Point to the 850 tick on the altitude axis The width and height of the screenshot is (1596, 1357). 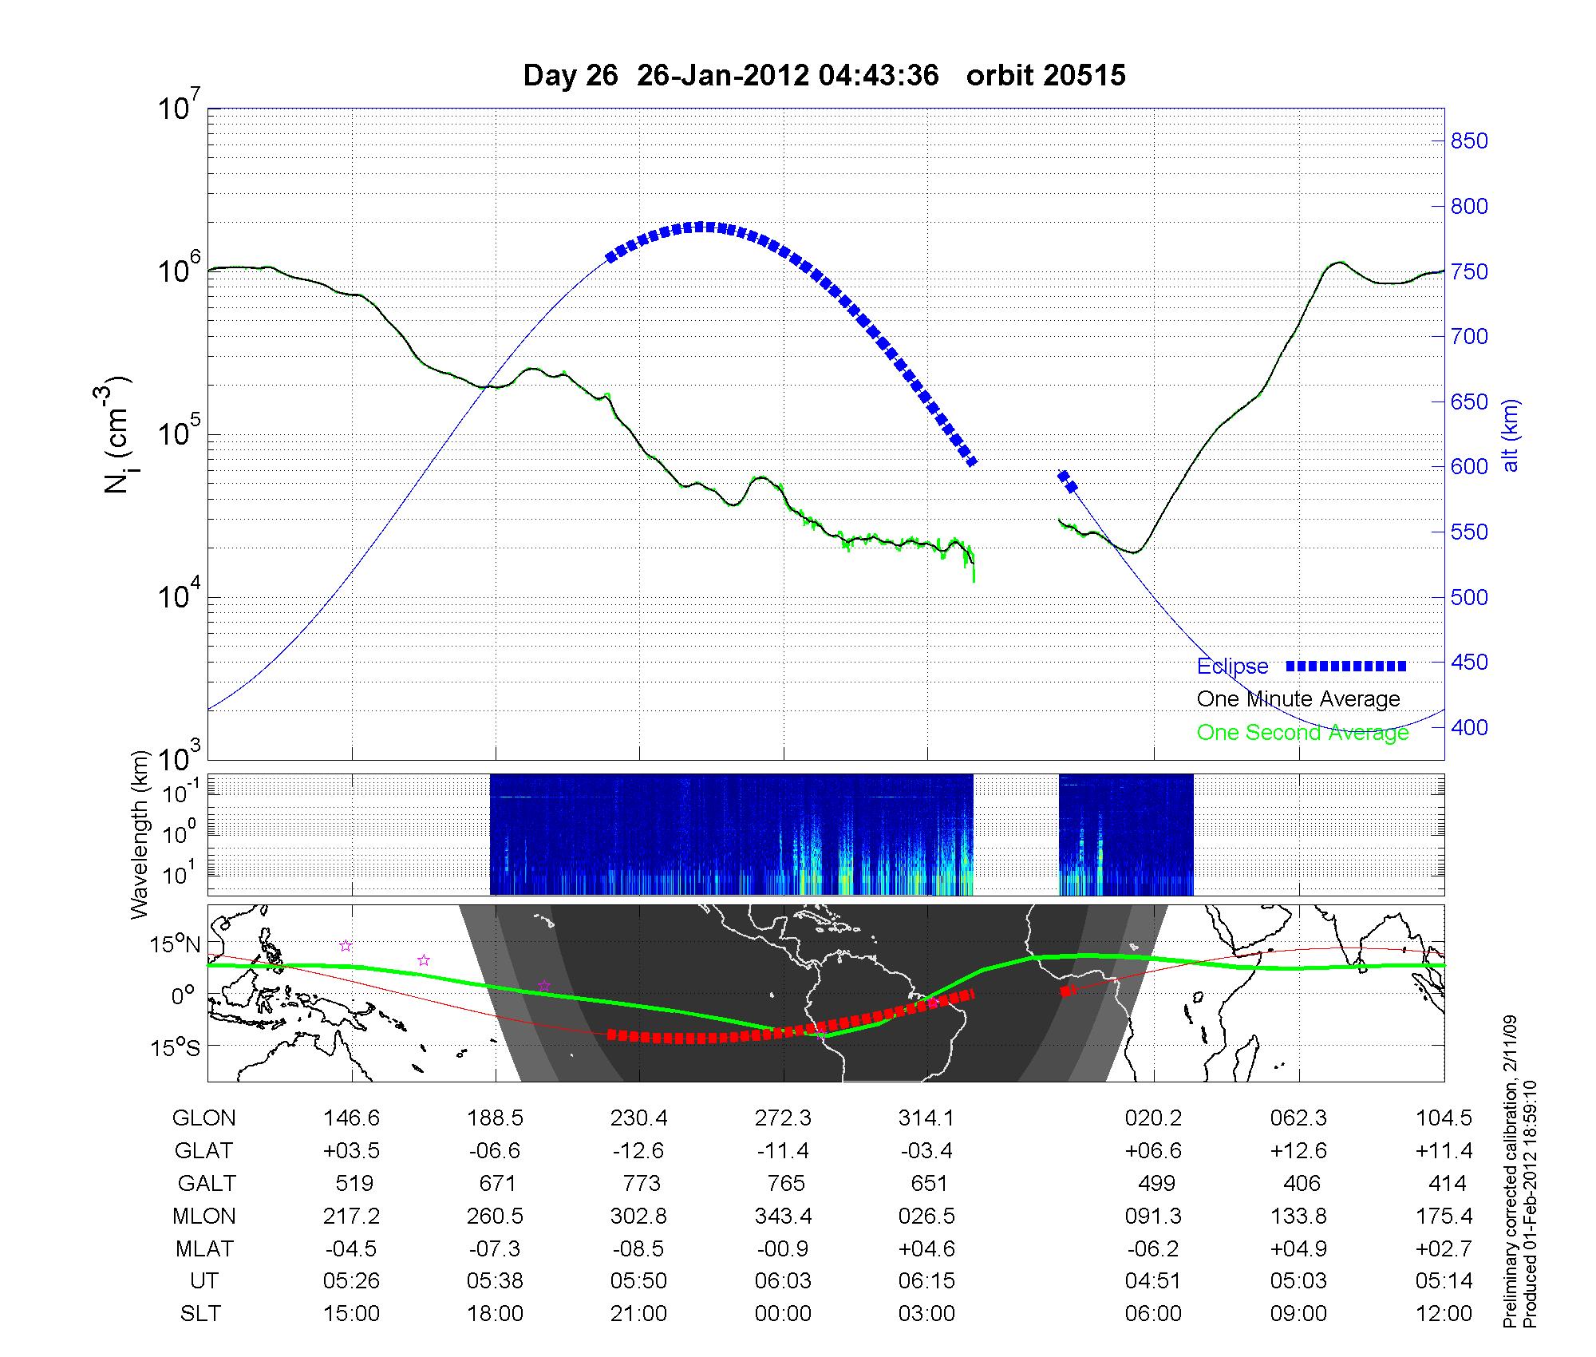(x=1469, y=141)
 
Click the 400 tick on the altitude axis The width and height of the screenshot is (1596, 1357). (x=1469, y=727)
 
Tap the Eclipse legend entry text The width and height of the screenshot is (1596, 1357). (x=1232, y=667)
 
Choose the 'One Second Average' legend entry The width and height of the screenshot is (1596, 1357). (x=1302, y=733)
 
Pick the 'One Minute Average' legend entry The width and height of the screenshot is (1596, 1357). (x=1298, y=699)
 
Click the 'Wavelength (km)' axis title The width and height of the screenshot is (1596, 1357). (x=141, y=834)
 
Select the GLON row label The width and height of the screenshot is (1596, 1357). (x=203, y=1118)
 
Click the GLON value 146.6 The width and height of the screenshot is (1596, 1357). (x=352, y=1118)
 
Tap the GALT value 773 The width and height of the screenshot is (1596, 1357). (x=641, y=1183)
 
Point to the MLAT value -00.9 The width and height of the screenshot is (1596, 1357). (x=783, y=1248)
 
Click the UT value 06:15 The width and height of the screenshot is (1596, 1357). (x=927, y=1281)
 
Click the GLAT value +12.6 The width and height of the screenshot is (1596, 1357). (x=1299, y=1150)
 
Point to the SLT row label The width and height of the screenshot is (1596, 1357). (x=200, y=1314)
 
